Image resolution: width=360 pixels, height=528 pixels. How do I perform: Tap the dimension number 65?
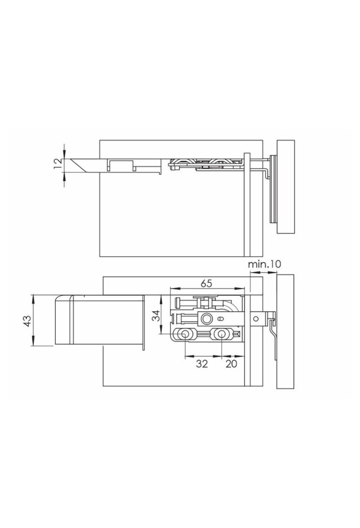(206, 283)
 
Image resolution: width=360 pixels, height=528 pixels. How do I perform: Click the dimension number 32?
(202, 364)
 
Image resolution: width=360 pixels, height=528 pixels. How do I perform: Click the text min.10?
(265, 264)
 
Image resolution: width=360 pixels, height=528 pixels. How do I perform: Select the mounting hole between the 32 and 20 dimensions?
(221, 334)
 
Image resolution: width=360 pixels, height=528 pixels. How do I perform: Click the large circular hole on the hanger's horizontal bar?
(206, 318)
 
